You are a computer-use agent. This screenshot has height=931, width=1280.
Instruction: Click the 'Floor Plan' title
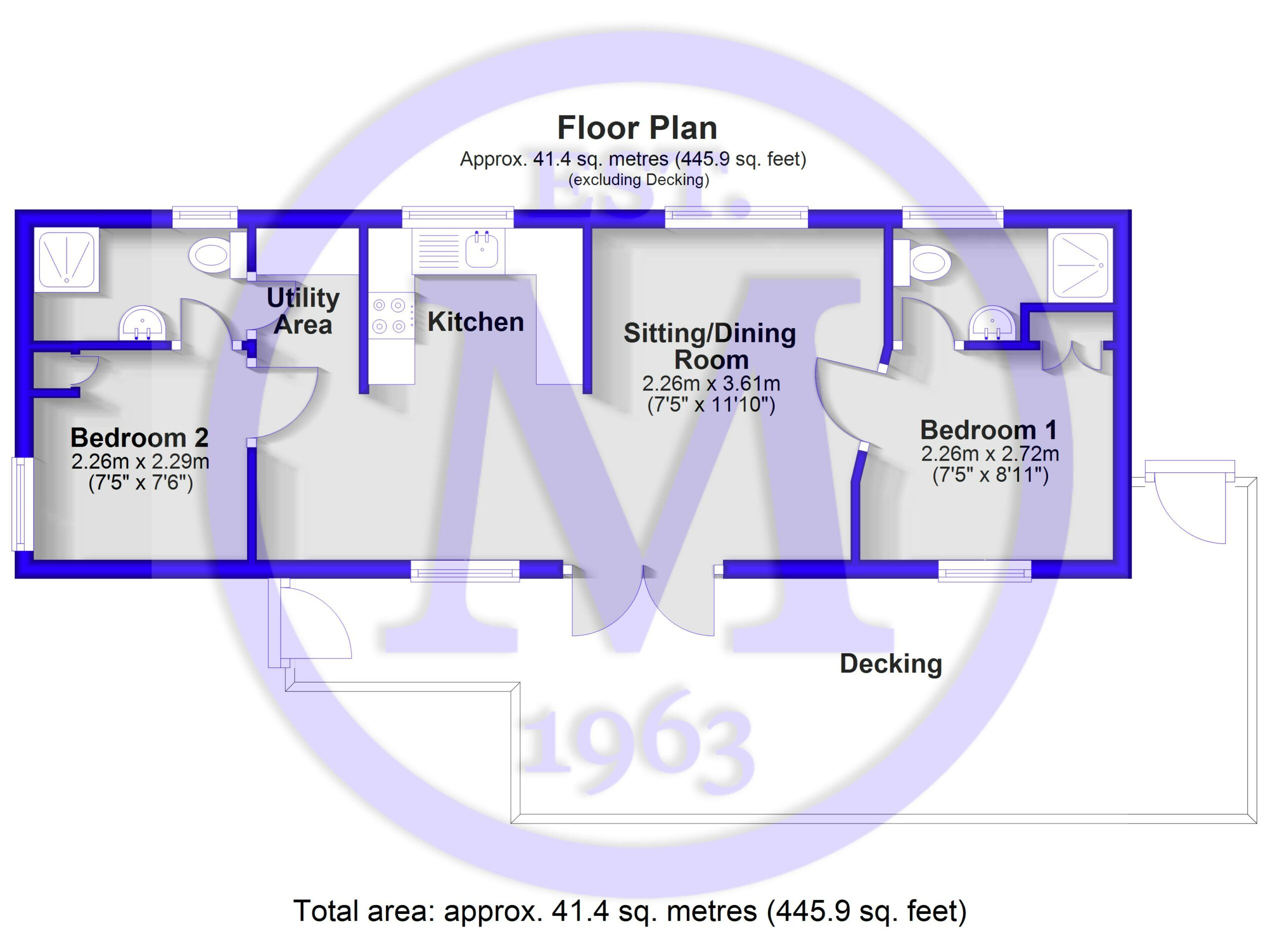coord(637,128)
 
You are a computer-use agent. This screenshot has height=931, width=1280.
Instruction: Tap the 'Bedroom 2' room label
coord(139,437)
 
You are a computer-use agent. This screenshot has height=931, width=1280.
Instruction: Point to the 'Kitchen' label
coord(475,321)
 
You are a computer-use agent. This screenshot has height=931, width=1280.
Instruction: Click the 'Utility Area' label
coord(303,311)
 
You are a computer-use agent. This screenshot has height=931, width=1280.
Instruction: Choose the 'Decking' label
coord(891,663)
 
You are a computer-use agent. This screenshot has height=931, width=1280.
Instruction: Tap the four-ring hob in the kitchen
coord(389,315)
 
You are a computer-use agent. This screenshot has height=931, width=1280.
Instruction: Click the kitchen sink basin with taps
coord(482,249)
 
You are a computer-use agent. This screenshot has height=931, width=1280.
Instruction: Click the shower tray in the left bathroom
coord(66,259)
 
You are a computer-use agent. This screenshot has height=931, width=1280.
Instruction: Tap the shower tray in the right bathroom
coord(1080,265)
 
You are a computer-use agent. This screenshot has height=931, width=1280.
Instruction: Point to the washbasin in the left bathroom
coord(142,323)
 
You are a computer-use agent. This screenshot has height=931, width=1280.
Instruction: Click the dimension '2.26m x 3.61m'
coord(711,383)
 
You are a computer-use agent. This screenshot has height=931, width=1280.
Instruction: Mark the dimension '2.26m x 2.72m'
coord(990,453)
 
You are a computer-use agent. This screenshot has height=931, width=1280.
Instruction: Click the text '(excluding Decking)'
coord(638,180)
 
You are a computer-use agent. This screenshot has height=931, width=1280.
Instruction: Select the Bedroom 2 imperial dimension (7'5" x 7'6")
coord(140,483)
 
